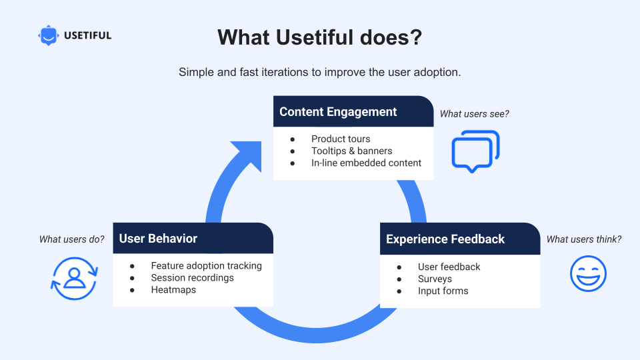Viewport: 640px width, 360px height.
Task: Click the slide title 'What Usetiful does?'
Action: [x=319, y=37]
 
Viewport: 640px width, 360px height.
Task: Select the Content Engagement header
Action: [x=338, y=112]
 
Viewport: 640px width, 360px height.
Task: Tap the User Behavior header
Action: [x=158, y=239]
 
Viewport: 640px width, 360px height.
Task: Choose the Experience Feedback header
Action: [x=445, y=239]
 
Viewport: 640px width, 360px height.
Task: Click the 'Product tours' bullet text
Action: [x=341, y=139]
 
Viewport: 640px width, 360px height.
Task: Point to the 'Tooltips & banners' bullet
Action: [x=351, y=151]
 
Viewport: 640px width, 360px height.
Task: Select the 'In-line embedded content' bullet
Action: [x=366, y=163]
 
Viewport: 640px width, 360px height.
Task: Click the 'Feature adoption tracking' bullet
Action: [x=206, y=265]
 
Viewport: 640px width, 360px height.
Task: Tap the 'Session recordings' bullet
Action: [x=192, y=277]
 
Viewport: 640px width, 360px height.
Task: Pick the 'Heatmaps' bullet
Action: [x=173, y=289]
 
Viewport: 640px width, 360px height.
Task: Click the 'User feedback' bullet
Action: [x=449, y=267]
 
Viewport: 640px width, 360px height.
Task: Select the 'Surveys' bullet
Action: [x=435, y=279]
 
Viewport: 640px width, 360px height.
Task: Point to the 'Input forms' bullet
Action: [x=443, y=291]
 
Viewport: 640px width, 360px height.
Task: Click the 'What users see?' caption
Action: [x=474, y=114]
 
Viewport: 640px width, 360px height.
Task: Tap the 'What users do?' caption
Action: [x=71, y=239]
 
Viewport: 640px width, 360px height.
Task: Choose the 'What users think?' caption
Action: [x=583, y=239]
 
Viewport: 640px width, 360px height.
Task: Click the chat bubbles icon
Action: [x=475, y=151]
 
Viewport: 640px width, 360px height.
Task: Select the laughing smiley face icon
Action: [x=588, y=273]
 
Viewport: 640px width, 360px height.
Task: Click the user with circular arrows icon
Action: [x=74, y=278]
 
